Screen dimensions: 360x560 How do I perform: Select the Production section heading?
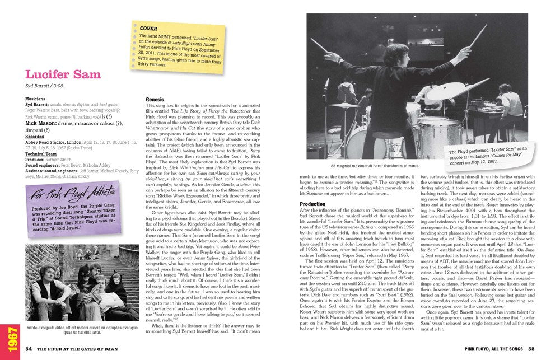click(x=312, y=204)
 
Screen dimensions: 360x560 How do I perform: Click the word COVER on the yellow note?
click(x=147, y=27)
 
